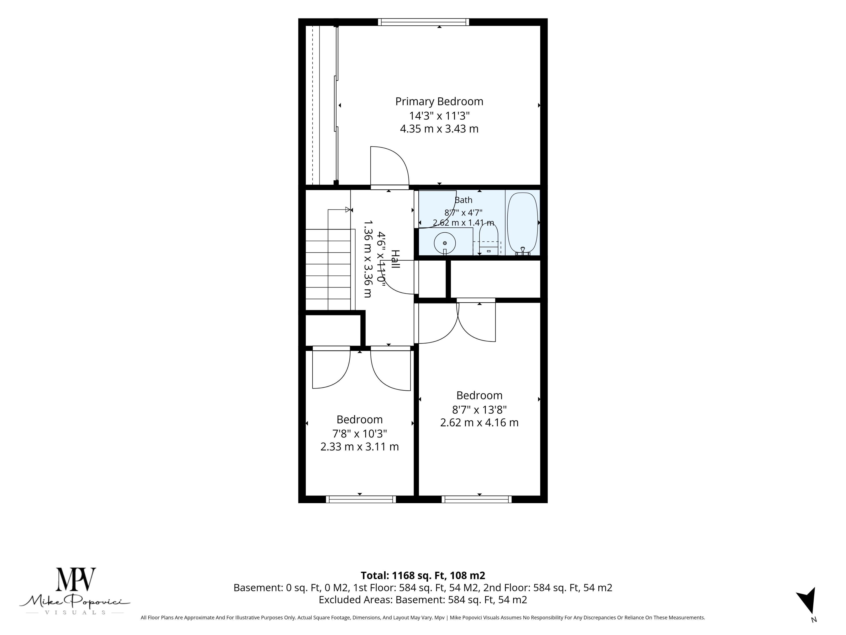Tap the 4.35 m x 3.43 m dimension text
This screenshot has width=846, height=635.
(439, 129)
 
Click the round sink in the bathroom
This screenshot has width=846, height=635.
(445, 243)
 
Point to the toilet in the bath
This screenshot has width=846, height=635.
(489, 239)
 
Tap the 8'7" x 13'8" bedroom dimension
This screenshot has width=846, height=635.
(479, 410)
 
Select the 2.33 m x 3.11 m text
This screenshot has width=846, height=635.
(360, 447)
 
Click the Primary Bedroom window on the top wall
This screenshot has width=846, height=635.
(423, 22)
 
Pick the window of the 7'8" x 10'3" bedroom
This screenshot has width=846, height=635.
(361, 499)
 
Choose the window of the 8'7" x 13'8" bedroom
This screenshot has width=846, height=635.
(477, 499)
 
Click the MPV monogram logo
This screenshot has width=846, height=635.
(76, 579)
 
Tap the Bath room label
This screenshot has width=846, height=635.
(464, 200)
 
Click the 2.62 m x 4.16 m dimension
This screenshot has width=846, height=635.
(479, 423)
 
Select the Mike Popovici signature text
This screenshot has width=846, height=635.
(75, 601)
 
